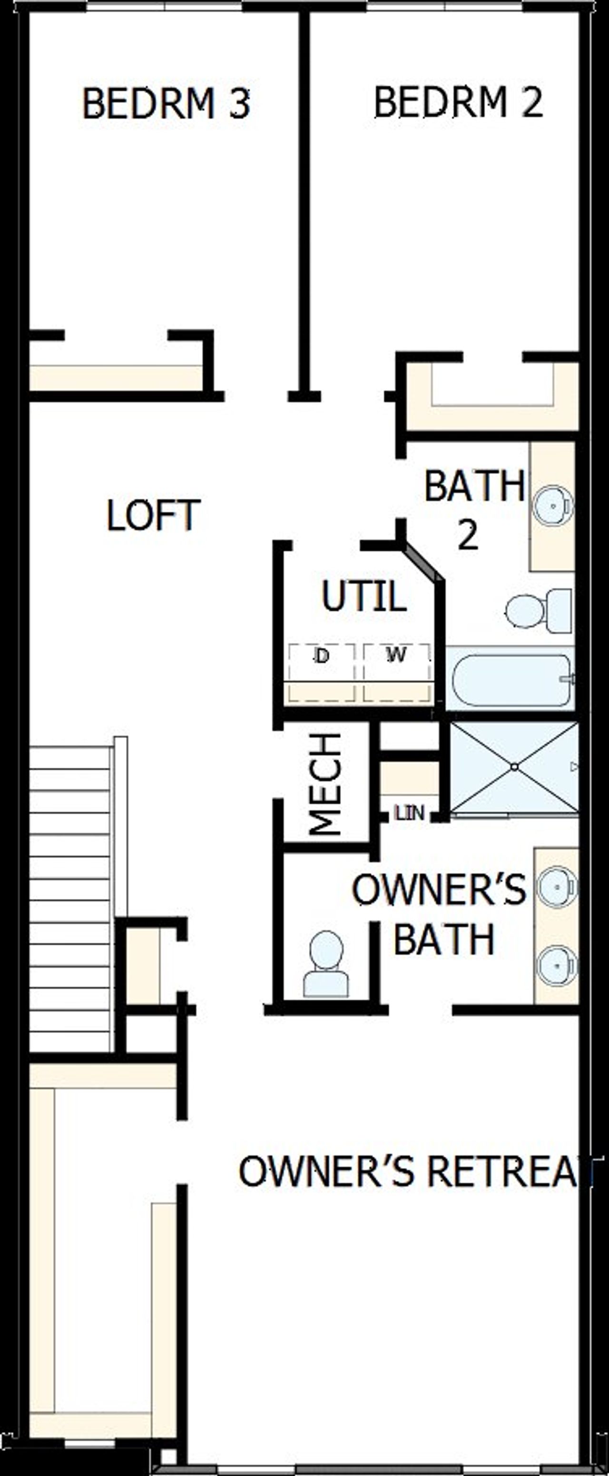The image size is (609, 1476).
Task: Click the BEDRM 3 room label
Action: click(166, 104)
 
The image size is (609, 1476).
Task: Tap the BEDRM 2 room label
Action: click(458, 102)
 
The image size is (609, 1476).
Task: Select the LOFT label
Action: click(153, 515)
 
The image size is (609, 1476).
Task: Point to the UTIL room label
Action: click(364, 596)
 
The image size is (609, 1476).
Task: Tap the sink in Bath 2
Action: click(552, 506)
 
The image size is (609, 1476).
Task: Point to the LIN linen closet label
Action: click(410, 812)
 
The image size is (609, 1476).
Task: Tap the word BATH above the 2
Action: click(474, 486)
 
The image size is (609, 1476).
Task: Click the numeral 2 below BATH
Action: click(468, 536)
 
